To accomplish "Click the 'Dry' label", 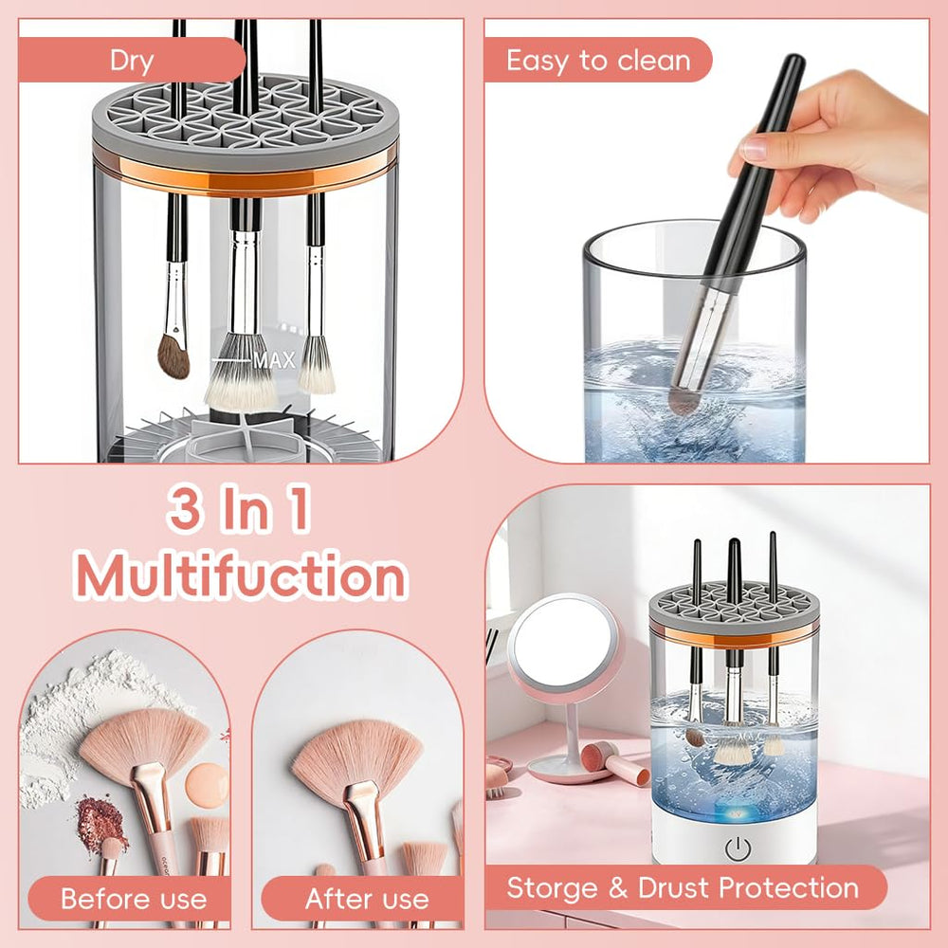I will [x=132, y=62].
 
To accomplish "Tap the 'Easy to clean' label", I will [x=596, y=62].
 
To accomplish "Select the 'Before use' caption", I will [x=134, y=899].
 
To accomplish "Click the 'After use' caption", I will [x=367, y=899].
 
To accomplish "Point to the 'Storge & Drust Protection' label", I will [x=683, y=888].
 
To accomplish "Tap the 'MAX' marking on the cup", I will [x=274, y=360].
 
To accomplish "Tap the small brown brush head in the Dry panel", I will [x=173, y=355].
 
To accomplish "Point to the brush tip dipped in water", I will [x=684, y=398].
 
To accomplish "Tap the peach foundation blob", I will [x=207, y=784].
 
